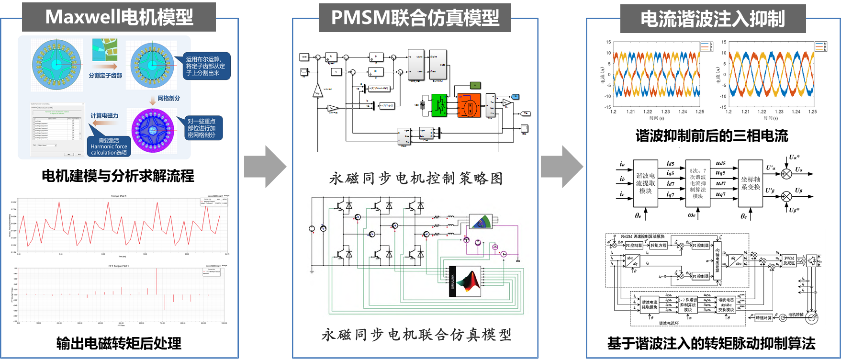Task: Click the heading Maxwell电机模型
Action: [x=119, y=17]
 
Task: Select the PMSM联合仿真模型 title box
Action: [x=415, y=18]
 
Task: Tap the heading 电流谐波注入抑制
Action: [x=713, y=19]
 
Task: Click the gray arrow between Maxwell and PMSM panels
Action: [x=265, y=167]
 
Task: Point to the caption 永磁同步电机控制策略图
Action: [x=415, y=179]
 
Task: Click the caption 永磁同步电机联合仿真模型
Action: [x=416, y=335]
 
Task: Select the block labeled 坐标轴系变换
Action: [x=751, y=183]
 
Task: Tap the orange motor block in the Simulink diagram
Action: [x=469, y=105]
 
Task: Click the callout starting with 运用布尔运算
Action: [x=205, y=66]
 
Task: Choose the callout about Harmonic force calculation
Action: [x=109, y=146]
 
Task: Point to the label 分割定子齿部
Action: [x=105, y=76]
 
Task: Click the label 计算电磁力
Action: [x=104, y=116]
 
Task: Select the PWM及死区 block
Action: [x=789, y=261]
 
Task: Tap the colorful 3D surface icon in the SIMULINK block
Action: [x=468, y=281]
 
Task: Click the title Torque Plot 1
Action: [x=119, y=196]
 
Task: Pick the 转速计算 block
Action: [x=763, y=317]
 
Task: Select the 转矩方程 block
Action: [x=658, y=246]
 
